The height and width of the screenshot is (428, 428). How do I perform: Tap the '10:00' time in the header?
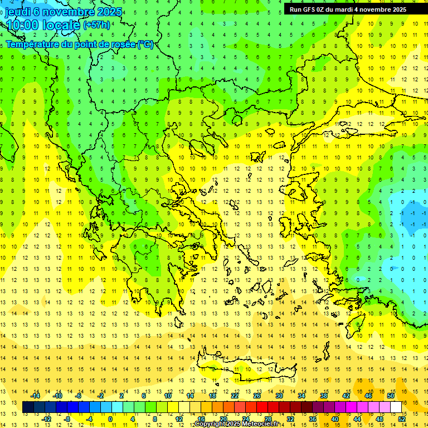click(22, 25)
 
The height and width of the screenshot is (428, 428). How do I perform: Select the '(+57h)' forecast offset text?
click(96, 25)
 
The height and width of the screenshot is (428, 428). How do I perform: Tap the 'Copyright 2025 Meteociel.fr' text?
click(236, 424)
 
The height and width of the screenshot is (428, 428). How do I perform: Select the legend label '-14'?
click(35, 396)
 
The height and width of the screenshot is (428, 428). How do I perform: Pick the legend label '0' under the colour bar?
click(110, 419)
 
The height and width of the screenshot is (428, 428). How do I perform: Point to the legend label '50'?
click(391, 396)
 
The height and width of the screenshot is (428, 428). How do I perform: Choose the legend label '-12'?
click(46, 419)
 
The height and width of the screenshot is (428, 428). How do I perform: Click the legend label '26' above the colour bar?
click(257, 396)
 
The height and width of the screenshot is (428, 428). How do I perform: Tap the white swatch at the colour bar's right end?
click(396, 407)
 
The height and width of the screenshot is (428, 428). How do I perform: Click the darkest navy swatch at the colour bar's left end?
click(28, 407)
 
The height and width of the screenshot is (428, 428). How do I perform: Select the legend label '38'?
click(324, 396)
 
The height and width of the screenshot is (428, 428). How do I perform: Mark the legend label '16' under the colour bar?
click(201, 419)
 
